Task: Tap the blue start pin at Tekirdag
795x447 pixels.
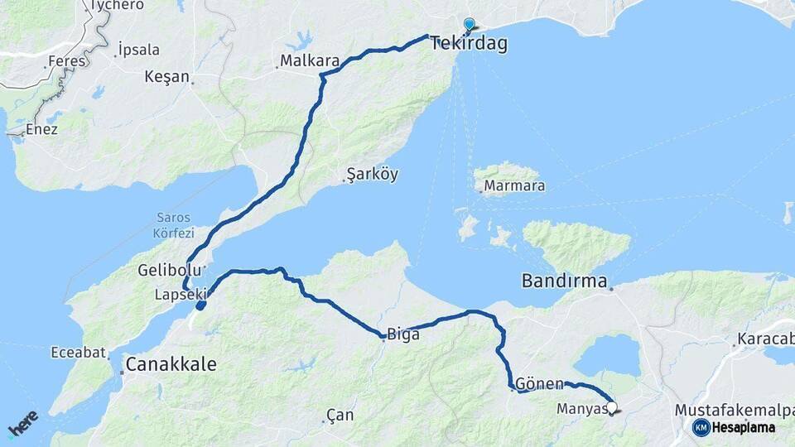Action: (x=470, y=25)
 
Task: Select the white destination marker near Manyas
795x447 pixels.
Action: (x=612, y=407)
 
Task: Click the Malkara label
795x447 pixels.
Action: (x=310, y=61)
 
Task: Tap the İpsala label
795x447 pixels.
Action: (x=138, y=50)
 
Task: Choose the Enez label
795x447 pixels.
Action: (x=41, y=129)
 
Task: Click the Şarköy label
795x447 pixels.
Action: (x=372, y=175)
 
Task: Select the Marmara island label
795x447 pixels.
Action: (x=514, y=186)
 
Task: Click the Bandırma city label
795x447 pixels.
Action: (x=564, y=281)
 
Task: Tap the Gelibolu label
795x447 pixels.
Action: (x=169, y=272)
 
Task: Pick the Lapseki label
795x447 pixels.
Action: (x=176, y=294)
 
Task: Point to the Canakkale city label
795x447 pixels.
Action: (x=171, y=364)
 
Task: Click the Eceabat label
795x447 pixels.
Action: (x=78, y=353)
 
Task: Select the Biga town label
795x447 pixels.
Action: (x=403, y=335)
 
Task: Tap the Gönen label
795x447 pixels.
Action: (x=539, y=385)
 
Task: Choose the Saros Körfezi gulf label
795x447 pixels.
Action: (x=174, y=226)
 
